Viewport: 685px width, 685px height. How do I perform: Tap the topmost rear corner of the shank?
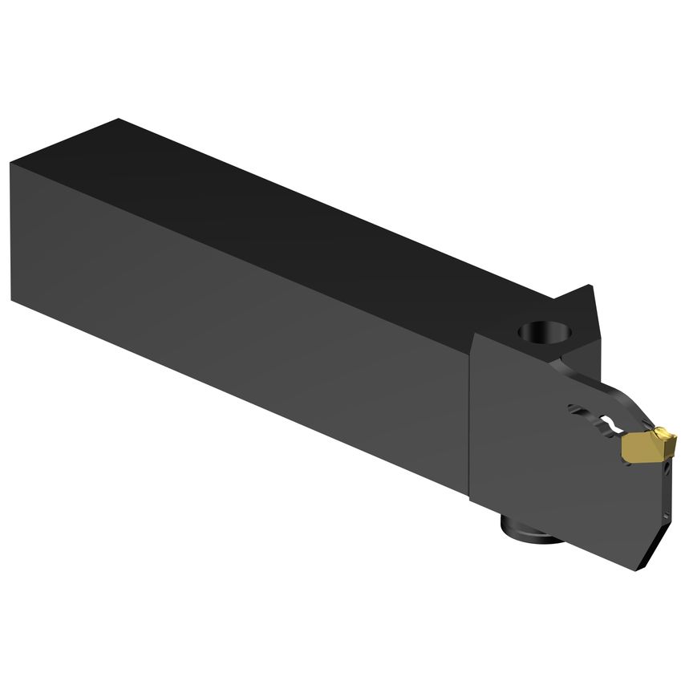(x=119, y=120)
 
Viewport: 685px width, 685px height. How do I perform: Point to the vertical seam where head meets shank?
(x=470, y=417)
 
